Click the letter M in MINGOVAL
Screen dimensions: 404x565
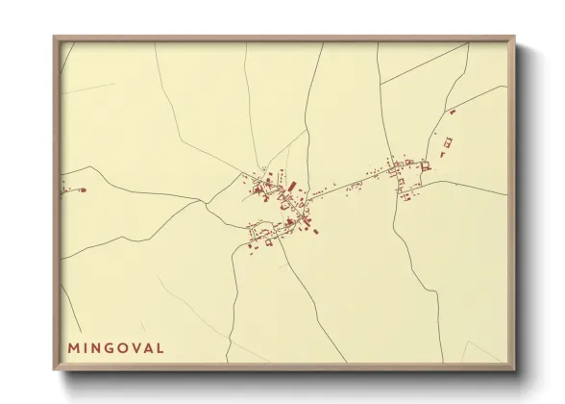click(73, 347)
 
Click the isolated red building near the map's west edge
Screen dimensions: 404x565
click(83, 190)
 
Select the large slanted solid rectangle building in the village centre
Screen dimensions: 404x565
click(292, 185)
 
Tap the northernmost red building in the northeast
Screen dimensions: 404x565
click(453, 113)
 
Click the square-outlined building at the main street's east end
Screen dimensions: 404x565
click(424, 165)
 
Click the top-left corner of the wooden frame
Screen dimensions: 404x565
click(55, 38)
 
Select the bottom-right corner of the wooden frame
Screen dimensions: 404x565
click(514, 370)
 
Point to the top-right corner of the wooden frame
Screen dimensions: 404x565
click(514, 38)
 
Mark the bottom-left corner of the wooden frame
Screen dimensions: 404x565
click(55, 370)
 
